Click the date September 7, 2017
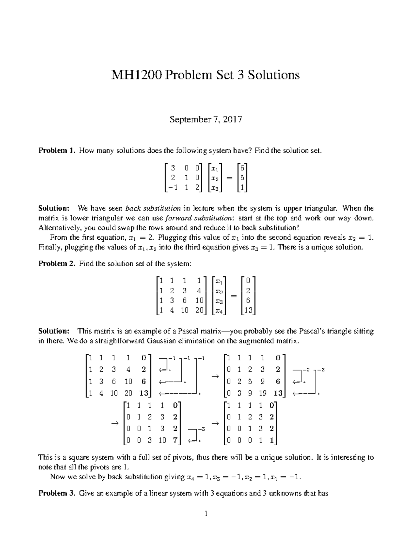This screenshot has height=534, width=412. click(206, 120)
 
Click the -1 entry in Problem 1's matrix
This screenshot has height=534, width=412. click(171, 188)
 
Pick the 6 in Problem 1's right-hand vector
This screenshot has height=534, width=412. click(242, 168)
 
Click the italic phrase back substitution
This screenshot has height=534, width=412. click(153, 208)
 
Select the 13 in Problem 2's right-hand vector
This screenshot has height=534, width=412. click(248, 310)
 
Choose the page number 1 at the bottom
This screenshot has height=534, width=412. click(206, 514)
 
